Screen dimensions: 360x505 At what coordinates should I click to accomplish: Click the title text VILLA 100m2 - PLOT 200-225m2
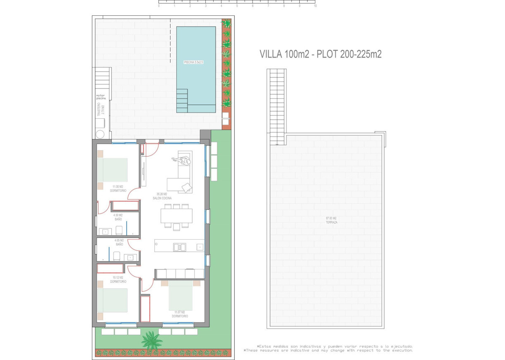pyautogui.click(x=320, y=54)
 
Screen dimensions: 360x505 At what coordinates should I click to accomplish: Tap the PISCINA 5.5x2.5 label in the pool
pyautogui.click(x=193, y=62)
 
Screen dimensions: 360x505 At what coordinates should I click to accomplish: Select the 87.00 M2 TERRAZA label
pyautogui.click(x=332, y=220)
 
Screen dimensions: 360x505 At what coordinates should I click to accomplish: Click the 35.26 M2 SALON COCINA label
pyautogui.click(x=162, y=196)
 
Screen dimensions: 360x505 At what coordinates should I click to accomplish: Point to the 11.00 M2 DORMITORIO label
pyautogui.click(x=118, y=189)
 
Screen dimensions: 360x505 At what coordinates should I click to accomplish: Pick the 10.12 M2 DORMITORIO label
pyautogui.click(x=118, y=279)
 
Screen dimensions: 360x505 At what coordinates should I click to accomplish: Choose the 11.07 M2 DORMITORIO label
pyautogui.click(x=181, y=314)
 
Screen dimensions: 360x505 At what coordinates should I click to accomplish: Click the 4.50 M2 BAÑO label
pyautogui.click(x=118, y=217)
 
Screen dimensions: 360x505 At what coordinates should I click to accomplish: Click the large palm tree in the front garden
pyautogui.click(x=151, y=340)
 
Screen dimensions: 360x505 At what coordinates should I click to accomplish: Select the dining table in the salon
pyautogui.click(x=177, y=216)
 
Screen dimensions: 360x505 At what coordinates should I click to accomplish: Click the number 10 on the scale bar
pyautogui.click(x=315, y=6)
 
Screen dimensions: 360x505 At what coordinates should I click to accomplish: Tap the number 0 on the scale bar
pyautogui.click(x=159, y=6)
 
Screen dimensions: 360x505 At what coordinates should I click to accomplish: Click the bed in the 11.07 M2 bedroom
pyautogui.click(x=181, y=295)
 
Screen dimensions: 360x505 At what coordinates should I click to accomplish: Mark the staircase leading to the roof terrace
pyautogui.click(x=277, y=106)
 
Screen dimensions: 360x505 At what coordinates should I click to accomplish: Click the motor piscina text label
pyautogui.click(x=101, y=97)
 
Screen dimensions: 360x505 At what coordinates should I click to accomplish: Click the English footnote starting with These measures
pyautogui.click(x=328, y=350)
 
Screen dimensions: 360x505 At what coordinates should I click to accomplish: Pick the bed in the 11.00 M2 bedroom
pyautogui.click(x=113, y=170)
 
